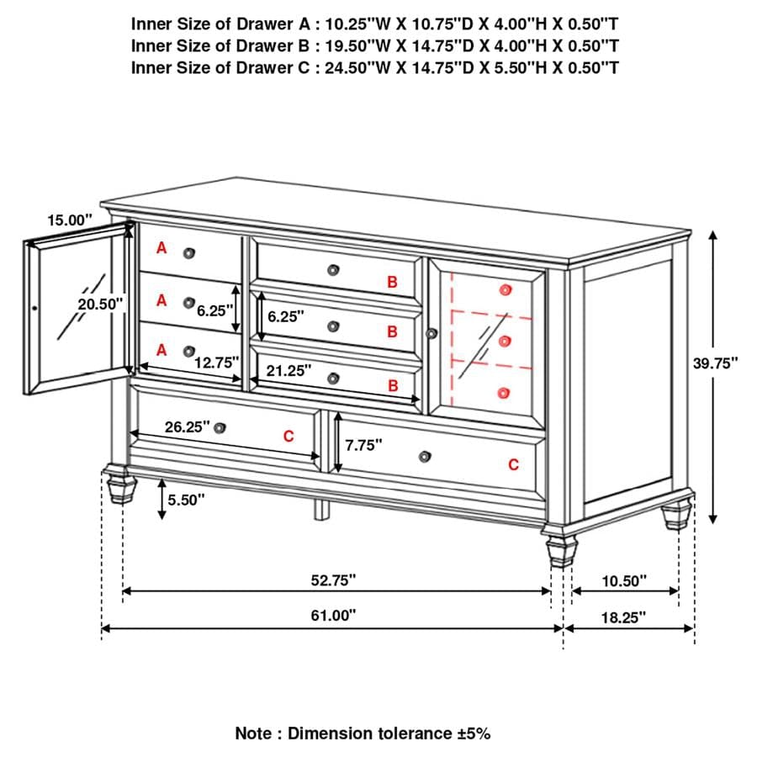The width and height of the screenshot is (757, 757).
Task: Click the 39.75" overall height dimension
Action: point(715,363)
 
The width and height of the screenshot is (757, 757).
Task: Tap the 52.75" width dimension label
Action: point(333,580)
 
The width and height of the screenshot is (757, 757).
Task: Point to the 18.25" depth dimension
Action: point(624,617)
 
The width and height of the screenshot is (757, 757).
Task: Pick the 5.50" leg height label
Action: point(186,500)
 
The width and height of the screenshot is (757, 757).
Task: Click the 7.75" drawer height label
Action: point(364,444)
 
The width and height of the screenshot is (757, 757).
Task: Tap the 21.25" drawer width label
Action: point(289,369)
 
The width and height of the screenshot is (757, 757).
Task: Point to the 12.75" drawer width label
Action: point(218,363)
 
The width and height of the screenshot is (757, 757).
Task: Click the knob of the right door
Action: point(432,334)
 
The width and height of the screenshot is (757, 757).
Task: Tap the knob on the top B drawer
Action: point(334,269)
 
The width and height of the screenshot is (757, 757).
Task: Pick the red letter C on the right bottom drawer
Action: point(513,464)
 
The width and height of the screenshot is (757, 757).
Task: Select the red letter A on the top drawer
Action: point(161,248)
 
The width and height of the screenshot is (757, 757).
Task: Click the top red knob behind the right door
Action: point(505,289)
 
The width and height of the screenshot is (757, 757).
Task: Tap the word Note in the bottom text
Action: point(252,733)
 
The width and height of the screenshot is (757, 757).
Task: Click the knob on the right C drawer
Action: point(424,457)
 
